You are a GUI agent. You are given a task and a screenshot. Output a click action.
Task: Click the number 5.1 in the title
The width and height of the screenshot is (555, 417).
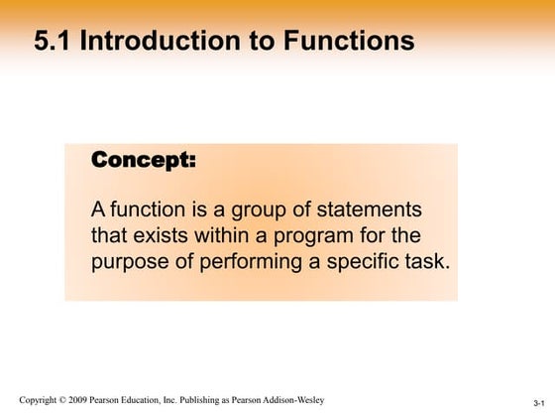pos(53,41)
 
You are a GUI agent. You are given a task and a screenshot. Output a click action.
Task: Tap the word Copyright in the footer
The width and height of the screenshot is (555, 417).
pos(42,400)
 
